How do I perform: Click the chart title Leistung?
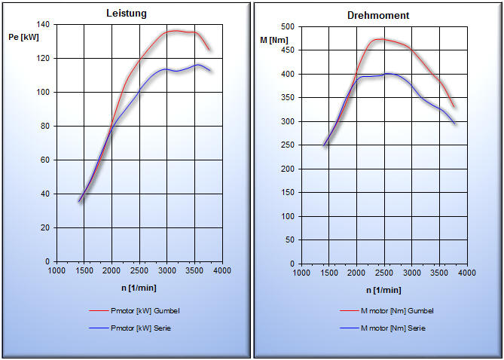126,14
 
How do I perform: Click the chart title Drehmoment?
378,15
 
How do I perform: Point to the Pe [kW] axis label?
23,37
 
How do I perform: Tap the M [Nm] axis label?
274,39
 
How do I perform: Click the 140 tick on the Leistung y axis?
42,25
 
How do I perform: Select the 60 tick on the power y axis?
44,160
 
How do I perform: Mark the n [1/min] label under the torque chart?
383,289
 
